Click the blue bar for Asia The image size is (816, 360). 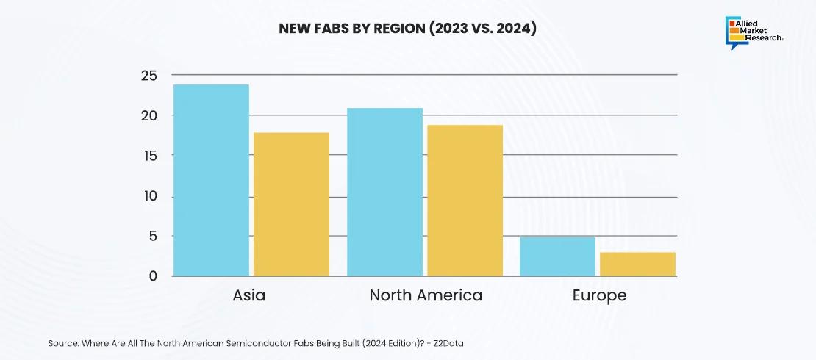tap(211, 181)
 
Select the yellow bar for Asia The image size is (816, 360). tap(291, 204)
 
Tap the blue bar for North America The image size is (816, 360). tap(384, 192)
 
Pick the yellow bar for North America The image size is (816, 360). tap(465, 201)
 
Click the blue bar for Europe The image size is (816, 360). tap(557, 256)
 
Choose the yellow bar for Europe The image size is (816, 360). tap(637, 264)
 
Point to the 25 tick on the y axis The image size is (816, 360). tap(148, 75)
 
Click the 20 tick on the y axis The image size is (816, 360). tap(148, 115)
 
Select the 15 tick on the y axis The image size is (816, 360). tap(148, 156)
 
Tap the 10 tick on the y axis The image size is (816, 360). tap(148, 196)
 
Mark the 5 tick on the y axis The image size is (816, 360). tap(153, 237)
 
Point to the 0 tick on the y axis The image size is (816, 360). tap(153, 276)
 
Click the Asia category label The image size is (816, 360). tap(249, 295)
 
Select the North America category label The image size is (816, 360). tap(426, 295)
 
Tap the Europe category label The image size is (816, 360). tap(599, 295)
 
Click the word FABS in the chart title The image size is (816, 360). tap(330, 29)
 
